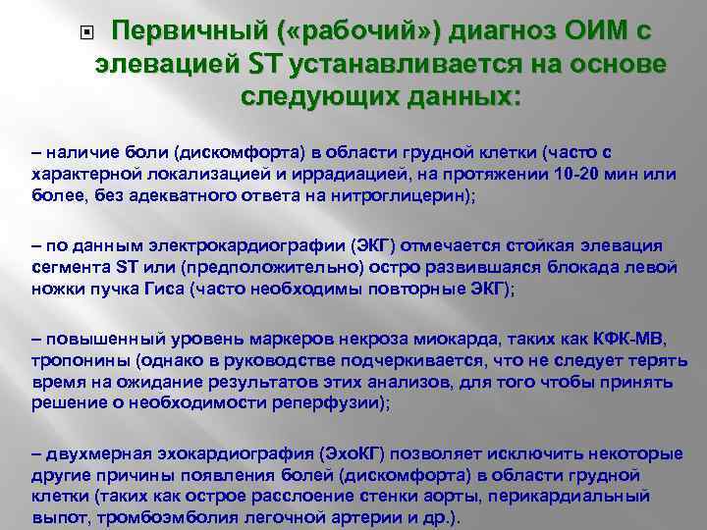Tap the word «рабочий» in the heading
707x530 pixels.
(340, 32)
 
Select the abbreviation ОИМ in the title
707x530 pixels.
(588, 32)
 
